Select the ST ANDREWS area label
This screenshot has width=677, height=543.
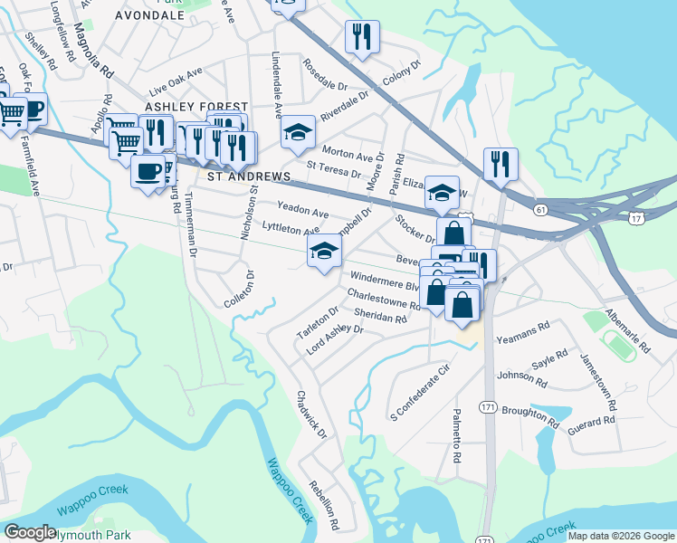[x=249, y=176]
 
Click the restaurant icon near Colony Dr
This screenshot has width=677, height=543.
[x=362, y=37]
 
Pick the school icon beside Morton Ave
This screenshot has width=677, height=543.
[x=298, y=133]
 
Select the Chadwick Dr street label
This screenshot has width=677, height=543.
[x=310, y=414]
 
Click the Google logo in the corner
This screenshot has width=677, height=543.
[x=31, y=531]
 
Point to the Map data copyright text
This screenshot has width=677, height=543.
[x=621, y=536]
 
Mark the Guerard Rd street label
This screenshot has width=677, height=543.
[x=592, y=421]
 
